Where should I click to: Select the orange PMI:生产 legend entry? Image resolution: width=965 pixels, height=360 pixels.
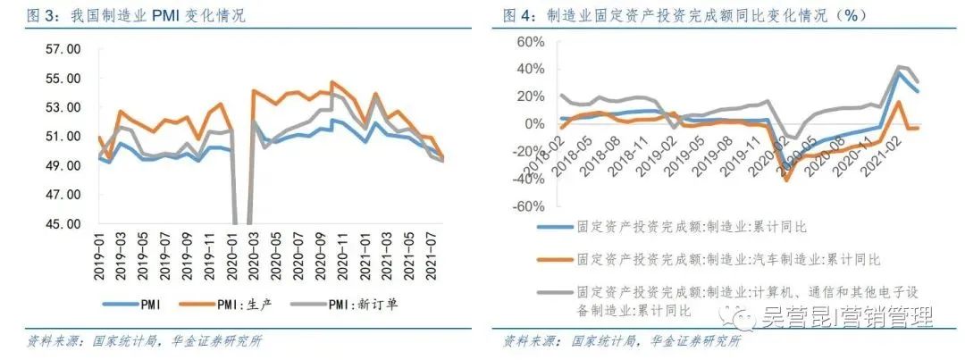pos(241,304)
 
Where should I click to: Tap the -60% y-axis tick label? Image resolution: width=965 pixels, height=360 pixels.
pos(523,205)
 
